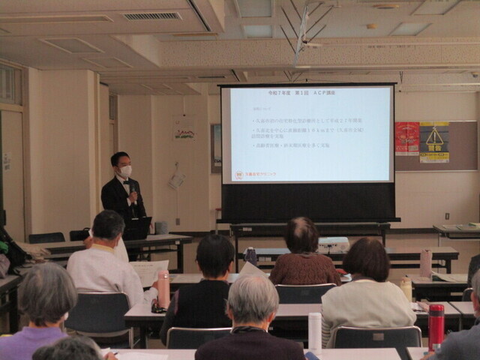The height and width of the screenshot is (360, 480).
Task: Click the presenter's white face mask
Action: tap(126, 171)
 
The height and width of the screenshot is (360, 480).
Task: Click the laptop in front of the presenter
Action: tap(139, 227)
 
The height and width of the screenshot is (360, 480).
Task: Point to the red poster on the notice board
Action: tap(406, 139)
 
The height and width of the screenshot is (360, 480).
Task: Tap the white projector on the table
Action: tap(334, 244)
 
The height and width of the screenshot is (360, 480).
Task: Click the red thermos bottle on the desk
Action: tap(436, 325)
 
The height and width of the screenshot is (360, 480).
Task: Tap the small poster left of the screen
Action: tap(184, 129)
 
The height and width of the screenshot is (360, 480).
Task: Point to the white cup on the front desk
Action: tap(315, 331)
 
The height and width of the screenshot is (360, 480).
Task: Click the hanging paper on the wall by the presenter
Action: tap(178, 180)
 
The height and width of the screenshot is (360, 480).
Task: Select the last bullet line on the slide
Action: tap(296, 145)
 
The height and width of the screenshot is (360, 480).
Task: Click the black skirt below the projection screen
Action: tap(307, 202)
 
